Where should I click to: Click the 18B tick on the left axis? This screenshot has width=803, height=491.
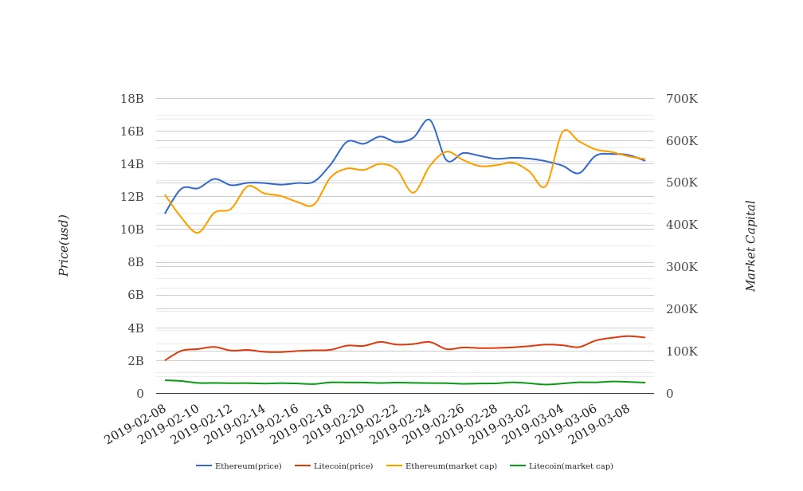(131, 99)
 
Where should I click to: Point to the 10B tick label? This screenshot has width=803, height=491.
(131, 230)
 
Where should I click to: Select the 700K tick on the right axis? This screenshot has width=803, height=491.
(682, 99)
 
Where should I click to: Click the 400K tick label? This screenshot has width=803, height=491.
(682, 225)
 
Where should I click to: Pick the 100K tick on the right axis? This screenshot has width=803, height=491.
(682, 352)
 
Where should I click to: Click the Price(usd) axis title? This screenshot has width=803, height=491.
(65, 245)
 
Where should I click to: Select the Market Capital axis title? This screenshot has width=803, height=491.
(750, 245)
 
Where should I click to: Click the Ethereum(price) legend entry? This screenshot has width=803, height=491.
(239, 466)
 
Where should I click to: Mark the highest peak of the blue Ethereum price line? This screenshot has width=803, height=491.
(429, 120)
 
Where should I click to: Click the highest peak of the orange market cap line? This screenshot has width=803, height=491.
(566, 130)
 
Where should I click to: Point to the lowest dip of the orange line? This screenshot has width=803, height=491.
(198, 233)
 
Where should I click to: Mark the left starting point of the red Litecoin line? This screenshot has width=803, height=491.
(166, 360)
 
